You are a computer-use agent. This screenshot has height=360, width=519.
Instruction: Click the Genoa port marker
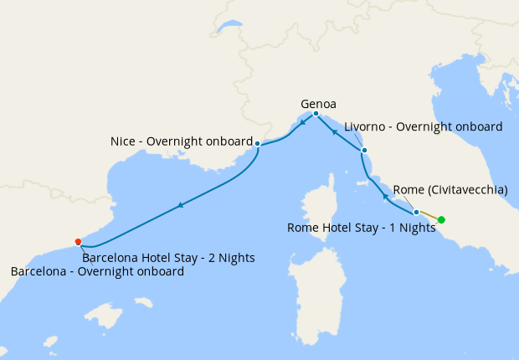point(316,114)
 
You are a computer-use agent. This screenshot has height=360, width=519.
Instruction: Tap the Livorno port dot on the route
point(364,151)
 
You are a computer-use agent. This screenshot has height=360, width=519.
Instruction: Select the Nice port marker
point(257,144)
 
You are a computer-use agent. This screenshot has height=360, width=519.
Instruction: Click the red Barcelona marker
point(78,242)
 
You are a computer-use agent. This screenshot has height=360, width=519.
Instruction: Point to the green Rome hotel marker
point(442,220)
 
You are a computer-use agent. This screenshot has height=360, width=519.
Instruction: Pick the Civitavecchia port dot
point(416,213)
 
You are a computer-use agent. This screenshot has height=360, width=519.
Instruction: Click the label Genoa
point(318,104)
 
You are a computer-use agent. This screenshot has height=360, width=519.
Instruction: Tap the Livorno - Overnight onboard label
point(423,127)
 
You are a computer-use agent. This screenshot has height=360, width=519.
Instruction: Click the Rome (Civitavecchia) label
point(450,190)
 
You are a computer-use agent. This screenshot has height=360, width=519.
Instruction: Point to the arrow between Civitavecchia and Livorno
point(385,195)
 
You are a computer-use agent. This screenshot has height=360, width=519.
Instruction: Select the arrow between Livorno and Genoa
point(334,131)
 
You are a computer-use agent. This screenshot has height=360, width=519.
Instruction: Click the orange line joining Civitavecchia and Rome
point(429,216)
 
